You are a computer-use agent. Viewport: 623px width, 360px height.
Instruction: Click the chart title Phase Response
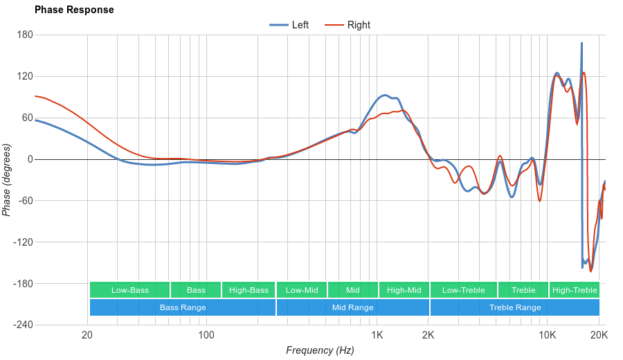[74, 10]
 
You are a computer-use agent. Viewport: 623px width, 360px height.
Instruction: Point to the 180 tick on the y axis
[25, 35]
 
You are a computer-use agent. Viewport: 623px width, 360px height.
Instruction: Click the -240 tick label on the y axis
[22, 325]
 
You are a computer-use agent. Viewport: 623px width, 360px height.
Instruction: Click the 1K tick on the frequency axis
[377, 336]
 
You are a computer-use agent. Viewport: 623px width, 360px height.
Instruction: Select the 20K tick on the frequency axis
[599, 336]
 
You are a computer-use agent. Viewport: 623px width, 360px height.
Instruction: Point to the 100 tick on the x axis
[206, 336]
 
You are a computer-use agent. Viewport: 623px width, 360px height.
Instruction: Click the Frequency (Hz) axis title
[320, 350]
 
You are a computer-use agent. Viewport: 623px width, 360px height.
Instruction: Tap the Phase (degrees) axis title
[7, 180]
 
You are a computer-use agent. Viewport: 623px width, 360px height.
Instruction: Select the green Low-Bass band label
[129, 290]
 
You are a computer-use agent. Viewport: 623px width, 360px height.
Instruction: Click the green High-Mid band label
[404, 290]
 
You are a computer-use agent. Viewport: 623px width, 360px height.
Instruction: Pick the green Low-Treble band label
[462, 290]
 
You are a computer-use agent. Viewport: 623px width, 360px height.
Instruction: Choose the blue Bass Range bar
[183, 307]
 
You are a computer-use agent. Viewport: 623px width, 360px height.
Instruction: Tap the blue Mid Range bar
[352, 307]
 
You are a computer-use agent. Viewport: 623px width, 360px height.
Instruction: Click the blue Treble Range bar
[515, 307]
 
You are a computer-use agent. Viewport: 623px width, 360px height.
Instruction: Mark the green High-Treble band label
[575, 290]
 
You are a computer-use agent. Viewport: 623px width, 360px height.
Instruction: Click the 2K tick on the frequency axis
[428, 336]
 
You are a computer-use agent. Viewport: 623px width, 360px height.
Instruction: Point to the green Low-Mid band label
[302, 290]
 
